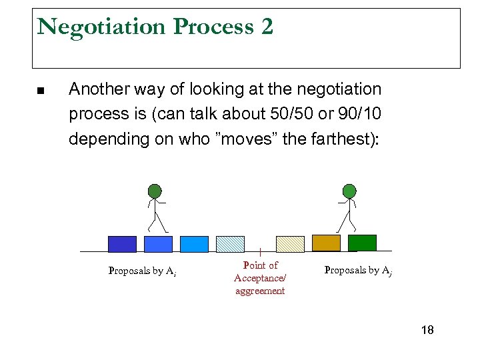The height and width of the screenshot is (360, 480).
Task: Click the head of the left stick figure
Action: [x=155, y=191]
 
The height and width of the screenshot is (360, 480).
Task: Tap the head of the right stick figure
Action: [x=349, y=191]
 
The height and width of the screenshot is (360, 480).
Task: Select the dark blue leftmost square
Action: [x=122, y=244]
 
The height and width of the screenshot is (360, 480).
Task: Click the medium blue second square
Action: [x=159, y=244]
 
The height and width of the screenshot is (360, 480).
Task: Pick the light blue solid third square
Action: [x=194, y=244]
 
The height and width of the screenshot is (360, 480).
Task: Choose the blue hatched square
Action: [x=230, y=244]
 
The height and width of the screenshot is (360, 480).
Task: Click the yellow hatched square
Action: [x=290, y=244]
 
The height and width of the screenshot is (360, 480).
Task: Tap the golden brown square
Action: [x=326, y=243]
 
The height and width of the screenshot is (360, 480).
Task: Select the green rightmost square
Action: [x=362, y=243]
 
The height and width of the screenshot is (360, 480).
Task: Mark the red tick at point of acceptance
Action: [x=259, y=252]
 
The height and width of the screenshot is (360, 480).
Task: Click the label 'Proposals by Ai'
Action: [x=142, y=271]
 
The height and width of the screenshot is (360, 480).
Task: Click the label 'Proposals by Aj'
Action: [x=357, y=270]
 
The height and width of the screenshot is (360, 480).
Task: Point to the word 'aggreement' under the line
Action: [x=260, y=291]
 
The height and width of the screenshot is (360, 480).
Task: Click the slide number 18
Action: [x=427, y=330]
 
